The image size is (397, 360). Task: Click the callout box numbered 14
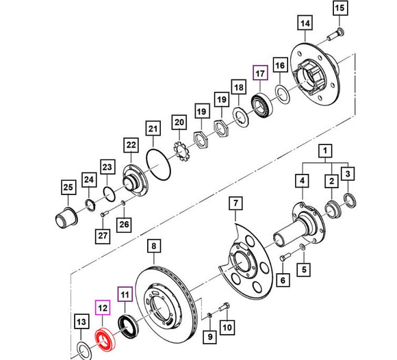tap(305, 25)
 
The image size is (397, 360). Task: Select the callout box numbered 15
tap(340, 9)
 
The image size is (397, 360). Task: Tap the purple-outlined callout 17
tap(259, 74)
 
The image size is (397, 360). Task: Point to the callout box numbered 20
tap(179, 123)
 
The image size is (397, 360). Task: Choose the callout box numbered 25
tap(67, 188)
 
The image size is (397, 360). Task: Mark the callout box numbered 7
tap(235, 203)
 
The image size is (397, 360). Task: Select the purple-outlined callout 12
tap(103, 309)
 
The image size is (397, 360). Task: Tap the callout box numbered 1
tap(327, 150)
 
